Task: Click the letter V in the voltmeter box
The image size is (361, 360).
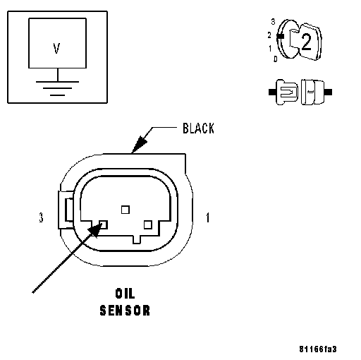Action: click(56, 48)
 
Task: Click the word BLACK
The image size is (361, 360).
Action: click(198, 128)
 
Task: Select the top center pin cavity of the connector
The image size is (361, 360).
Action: click(126, 210)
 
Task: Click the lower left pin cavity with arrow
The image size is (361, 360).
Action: click(104, 224)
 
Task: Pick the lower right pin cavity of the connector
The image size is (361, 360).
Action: click(148, 224)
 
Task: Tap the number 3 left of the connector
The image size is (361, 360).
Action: click(41, 217)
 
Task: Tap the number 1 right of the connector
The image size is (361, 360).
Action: click(208, 217)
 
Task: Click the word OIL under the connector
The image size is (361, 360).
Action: click(125, 294)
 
